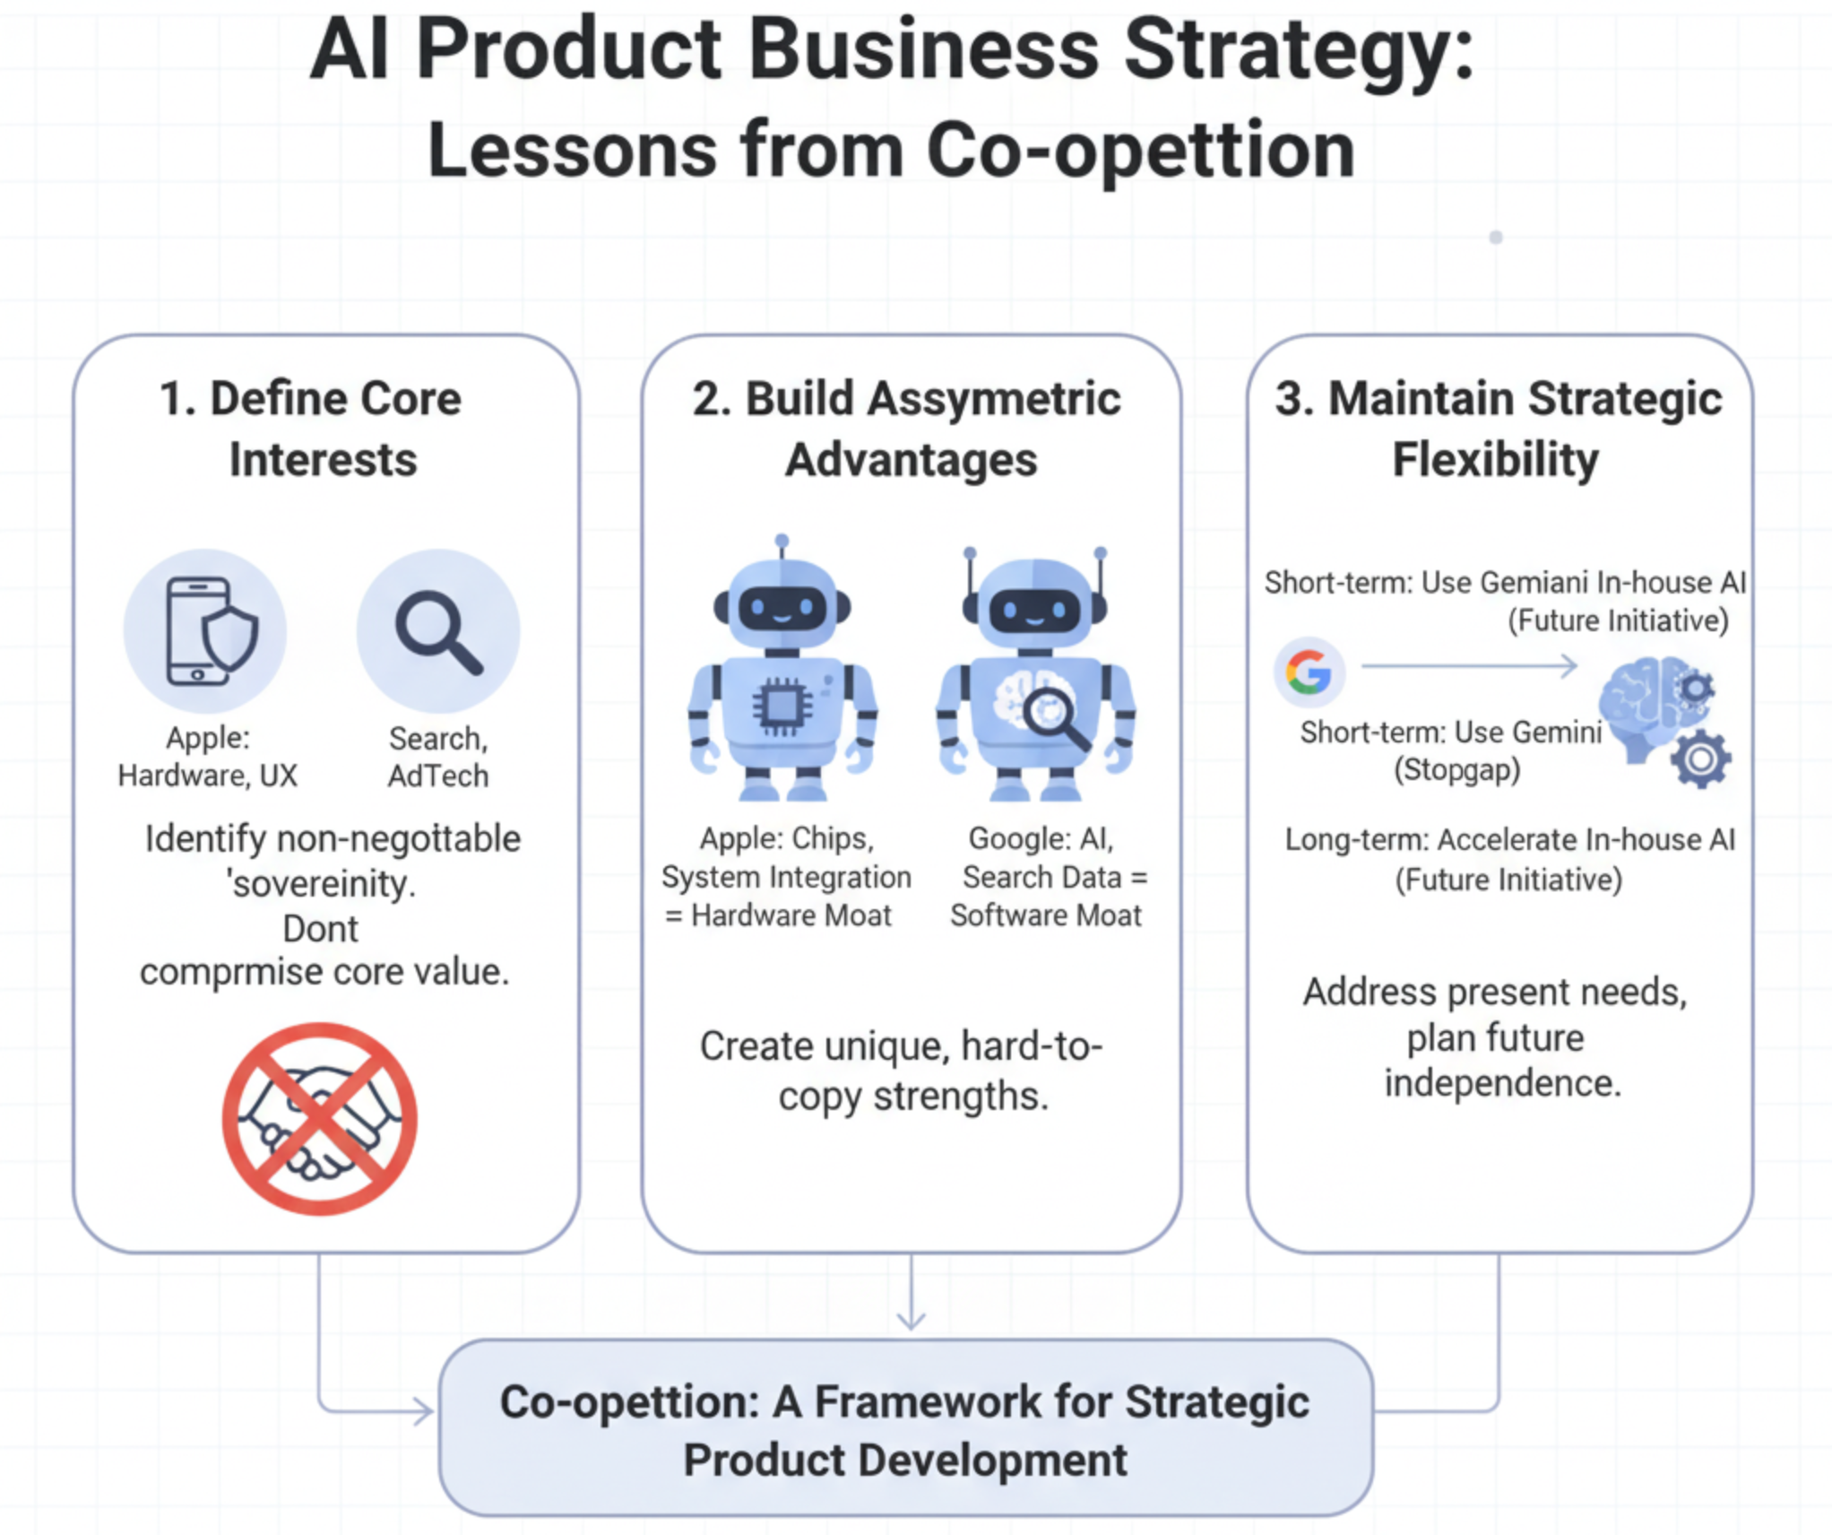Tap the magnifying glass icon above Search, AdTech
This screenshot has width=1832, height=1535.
click(438, 630)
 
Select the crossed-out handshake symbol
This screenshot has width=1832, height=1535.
click(320, 1119)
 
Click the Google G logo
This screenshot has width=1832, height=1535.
click(1309, 672)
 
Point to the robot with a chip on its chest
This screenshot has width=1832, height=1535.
click(782, 672)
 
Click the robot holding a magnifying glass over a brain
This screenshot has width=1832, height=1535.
click(1035, 677)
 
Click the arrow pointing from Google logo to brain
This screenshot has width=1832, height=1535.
click(1470, 666)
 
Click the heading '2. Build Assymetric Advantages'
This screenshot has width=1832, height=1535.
click(908, 429)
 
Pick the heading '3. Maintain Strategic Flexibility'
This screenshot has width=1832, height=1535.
click(1498, 429)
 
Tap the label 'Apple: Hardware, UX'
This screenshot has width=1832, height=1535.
click(207, 757)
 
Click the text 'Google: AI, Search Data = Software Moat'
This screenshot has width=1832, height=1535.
click(1046, 876)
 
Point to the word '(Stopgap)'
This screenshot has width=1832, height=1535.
click(1457, 770)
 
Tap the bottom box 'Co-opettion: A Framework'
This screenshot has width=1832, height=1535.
click(905, 1429)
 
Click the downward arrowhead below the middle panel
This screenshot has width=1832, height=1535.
click(911, 1320)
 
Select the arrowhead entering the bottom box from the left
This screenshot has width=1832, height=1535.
click(423, 1411)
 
